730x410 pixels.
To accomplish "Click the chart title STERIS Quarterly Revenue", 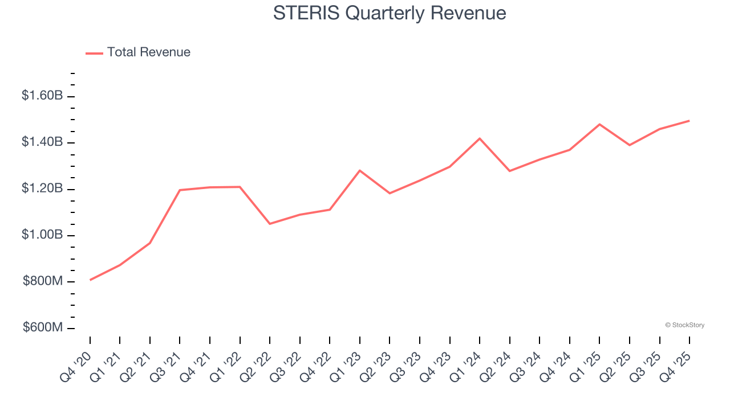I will click(390, 13).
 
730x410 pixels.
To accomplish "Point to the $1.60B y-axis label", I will click(42, 96).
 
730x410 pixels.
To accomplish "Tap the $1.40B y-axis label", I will click(42, 142).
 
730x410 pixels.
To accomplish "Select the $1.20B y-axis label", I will click(42, 188).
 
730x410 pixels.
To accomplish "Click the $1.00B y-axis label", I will click(42, 235).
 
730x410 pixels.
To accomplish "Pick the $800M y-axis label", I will click(43, 281).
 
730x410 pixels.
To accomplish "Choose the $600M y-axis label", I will click(43, 328).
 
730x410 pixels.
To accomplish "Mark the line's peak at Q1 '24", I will click(480, 138).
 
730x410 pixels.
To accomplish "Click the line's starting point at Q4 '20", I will click(90, 280).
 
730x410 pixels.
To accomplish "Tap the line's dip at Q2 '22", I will click(270, 224).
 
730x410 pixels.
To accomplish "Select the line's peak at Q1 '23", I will click(360, 170).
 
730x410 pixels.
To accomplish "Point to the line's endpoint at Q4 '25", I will click(689, 121).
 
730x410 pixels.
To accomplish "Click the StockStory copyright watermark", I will click(684, 325).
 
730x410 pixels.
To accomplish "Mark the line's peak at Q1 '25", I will click(599, 124).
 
